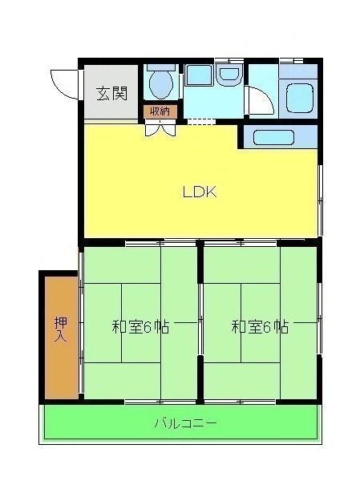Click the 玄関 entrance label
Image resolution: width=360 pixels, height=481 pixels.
click(113, 93)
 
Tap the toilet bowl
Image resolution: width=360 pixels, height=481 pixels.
click(160, 84)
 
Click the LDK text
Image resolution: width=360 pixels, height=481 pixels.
click(200, 192)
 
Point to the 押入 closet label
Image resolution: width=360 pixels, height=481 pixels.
click(60, 329)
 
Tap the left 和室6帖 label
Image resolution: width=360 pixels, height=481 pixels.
click(140, 327)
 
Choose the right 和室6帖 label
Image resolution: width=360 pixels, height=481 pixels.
click(261, 327)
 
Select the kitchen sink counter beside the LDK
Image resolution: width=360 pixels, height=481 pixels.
click(279, 136)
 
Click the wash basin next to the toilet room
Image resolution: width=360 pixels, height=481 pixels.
click(229, 77)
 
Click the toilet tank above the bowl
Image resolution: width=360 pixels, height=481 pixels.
click(160, 68)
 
